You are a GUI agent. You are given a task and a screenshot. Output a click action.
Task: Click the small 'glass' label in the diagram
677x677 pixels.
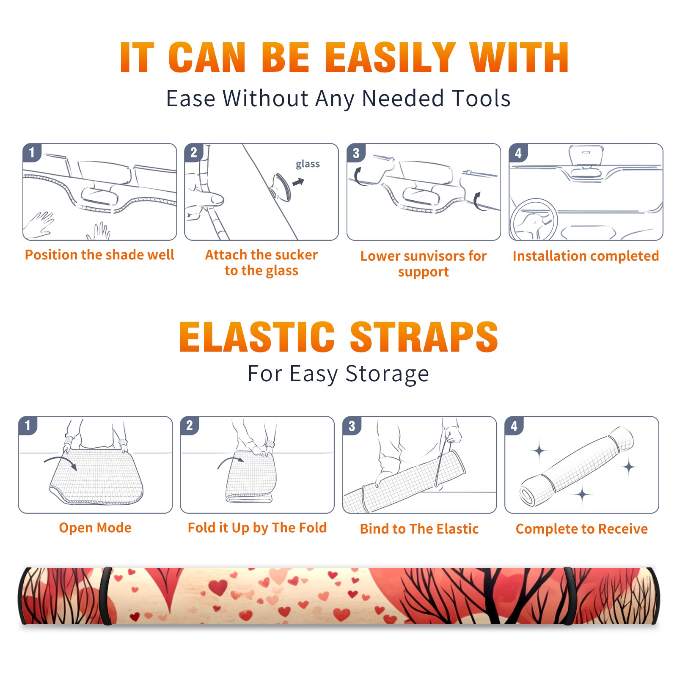point(308,164)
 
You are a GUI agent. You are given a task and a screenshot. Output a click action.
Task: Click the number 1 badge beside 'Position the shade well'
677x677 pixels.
point(32,152)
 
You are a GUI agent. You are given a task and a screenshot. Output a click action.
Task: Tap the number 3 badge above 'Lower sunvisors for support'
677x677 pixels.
point(356,152)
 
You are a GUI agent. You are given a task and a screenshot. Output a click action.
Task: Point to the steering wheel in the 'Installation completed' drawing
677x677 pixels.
point(534,220)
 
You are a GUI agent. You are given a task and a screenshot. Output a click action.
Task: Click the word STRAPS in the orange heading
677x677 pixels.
point(424,337)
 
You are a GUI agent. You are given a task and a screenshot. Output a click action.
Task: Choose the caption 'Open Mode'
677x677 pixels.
point(95,528)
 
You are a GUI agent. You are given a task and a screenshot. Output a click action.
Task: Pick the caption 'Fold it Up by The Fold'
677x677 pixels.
point(257,528)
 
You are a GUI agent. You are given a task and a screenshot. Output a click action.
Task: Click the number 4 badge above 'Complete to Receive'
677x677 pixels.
point(514,426)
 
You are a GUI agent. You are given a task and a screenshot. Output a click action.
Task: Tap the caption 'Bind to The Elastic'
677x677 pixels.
point(419,528)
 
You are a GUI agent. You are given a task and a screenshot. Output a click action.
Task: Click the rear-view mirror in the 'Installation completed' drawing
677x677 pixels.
point(586,155)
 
